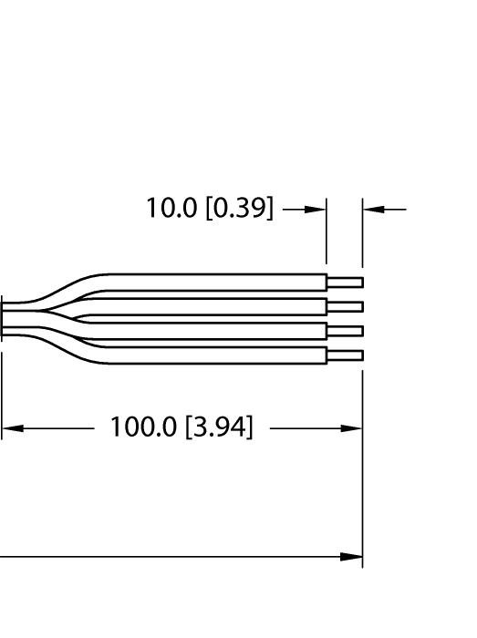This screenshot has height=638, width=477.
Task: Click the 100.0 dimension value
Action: click(x=145, y=427)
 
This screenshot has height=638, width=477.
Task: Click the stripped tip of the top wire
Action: click(x=345, y=282)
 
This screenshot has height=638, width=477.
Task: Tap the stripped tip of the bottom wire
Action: click(x=345, y=355)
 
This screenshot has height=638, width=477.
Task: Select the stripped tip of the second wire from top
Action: click(x=345, y=306)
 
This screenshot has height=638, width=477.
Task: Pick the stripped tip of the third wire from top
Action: click(x=345, y=331)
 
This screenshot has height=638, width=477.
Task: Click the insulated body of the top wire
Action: click(x=219, y=282)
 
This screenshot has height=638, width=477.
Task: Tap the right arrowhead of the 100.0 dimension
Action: click(x=352, y=427)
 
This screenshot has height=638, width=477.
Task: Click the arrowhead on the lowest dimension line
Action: click(x=352, y=556)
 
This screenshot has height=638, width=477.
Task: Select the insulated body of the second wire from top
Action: click(x=219, y=306)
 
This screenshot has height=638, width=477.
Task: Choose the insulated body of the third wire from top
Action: click(x=219, y=331)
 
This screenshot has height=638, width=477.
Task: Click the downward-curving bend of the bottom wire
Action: click(x=68, y=347)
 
